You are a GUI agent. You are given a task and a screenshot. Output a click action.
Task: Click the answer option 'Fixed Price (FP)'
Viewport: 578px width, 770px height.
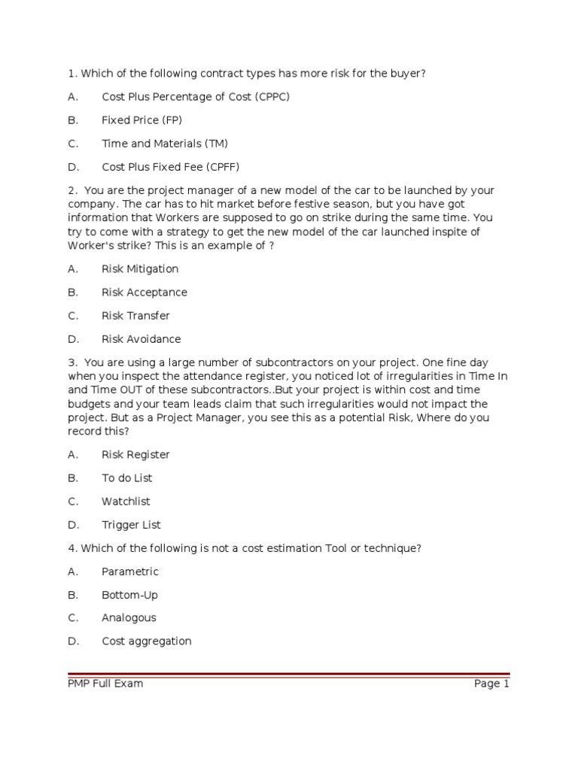click(141, 120)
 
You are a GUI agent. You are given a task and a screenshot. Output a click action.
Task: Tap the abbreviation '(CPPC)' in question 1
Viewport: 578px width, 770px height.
click(271, 97)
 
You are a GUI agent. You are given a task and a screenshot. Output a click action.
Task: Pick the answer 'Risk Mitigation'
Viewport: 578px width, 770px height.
click(140, 269)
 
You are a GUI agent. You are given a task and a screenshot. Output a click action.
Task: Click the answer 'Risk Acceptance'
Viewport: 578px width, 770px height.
click(144, 293)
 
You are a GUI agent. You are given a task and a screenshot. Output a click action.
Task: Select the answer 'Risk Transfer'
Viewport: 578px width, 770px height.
click(135, 316)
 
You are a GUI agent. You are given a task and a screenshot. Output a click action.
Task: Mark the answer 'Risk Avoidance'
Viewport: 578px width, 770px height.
click(141, 339)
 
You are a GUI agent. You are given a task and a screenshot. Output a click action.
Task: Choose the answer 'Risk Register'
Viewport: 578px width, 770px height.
click(135, 455)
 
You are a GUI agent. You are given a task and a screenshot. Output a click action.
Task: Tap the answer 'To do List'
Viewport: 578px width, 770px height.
click(127, 478)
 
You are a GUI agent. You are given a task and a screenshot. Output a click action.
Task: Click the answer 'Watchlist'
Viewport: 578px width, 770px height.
click(126, 502)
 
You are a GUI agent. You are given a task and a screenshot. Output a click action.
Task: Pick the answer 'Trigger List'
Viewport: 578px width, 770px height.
click(131, 525)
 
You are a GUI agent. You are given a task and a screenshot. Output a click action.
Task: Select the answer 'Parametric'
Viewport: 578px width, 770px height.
click(130, 571)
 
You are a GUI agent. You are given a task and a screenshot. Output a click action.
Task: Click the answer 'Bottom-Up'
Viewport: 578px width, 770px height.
click(129, 595)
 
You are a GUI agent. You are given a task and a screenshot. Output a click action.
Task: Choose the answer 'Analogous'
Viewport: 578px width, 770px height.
click(129, 618)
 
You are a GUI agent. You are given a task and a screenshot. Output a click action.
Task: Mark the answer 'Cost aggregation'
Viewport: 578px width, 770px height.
click(147, 641)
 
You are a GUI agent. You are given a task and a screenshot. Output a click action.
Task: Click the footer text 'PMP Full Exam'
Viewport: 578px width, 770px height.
click(105, 684)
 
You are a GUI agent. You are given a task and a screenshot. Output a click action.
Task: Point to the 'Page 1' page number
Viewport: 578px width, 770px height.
click(491, 684)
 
